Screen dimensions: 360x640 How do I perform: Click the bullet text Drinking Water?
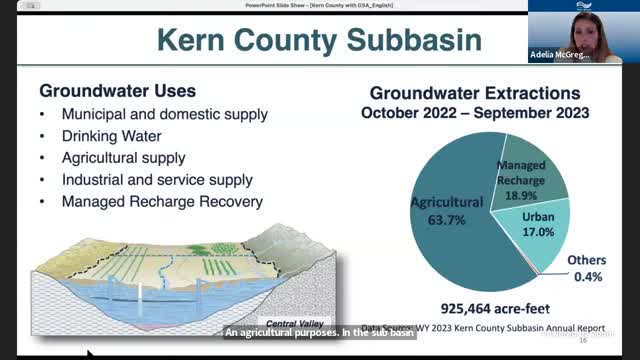(x=111, y=136)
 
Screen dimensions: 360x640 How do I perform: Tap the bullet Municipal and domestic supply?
(x=164, y=114)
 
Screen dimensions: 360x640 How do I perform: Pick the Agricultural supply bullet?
(x=123, y=158)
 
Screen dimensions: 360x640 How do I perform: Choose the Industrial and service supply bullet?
(x=156, y=180)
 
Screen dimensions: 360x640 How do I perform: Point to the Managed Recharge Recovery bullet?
(x=161, y=202)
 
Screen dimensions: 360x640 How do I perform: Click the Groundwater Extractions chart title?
(x=475, y=92)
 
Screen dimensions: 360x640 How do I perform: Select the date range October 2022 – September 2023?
(x=475, y=113)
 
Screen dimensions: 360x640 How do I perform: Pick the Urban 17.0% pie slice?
(x=545, y=224)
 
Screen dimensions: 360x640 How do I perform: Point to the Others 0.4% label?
(x=586, y=268)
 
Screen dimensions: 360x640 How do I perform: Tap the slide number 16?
(x=583, y=340)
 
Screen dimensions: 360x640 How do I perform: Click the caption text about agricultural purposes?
(x=319, y=334)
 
